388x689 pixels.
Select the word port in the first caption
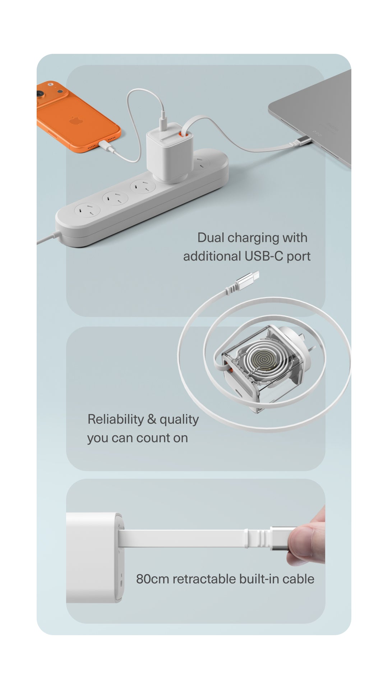299,256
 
